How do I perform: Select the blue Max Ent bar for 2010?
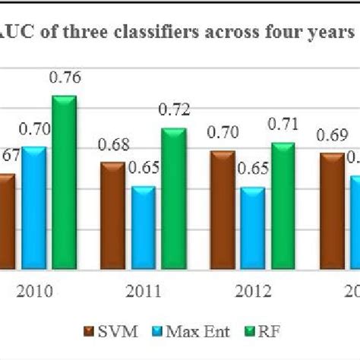[x=33, y=209]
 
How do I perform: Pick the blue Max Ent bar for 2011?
[x=144, y=228]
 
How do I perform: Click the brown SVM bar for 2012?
[x=223, y=211]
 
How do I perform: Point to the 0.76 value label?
[x=65, y=77]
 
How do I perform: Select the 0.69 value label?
[x=333, y=137]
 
